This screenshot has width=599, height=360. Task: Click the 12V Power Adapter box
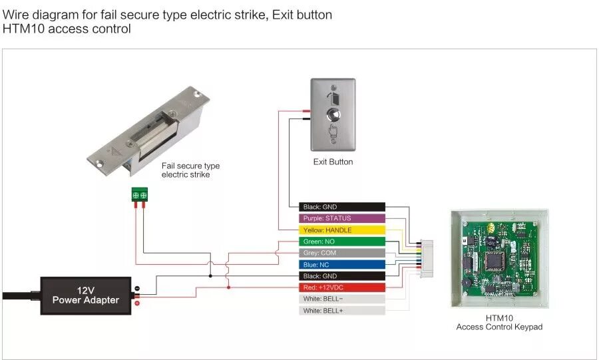(x=86, y=295)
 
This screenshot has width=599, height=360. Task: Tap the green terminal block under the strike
(x=140, y=194)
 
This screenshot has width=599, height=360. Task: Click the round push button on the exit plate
(x=333, y=115)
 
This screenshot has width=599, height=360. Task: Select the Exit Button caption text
(x=333, y=162)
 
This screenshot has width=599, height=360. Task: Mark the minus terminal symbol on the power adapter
(x=137, y=289)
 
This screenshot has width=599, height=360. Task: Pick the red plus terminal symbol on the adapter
(x=137, y=303)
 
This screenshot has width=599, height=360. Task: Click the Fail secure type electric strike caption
(x=190, y=170)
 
